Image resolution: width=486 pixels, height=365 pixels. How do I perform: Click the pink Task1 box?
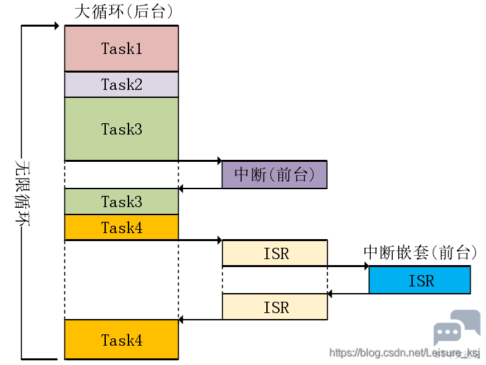[121, 49]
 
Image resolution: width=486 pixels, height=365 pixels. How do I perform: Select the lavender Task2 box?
[121, 85]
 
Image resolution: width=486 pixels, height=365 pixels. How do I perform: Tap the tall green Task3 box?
[121, 129]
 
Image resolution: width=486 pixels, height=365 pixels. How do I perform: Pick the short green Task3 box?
[121, 201]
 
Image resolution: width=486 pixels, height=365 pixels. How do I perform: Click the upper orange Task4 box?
[121, 227]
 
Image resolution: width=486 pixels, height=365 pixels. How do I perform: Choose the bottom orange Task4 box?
[121, 340]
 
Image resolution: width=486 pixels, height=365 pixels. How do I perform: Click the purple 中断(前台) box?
[274, 175]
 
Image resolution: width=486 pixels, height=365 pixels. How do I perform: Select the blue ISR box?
[419, 280]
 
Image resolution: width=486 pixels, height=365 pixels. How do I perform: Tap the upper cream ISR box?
[275, 253]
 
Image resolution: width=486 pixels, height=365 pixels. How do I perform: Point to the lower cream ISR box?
[275, 306]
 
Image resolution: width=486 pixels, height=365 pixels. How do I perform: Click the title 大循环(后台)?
[123, 11]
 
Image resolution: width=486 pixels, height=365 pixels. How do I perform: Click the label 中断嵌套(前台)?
[420, 252]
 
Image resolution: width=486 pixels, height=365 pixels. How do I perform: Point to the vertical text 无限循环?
[23, 193]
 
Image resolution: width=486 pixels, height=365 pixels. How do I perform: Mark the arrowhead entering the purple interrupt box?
[220, 161]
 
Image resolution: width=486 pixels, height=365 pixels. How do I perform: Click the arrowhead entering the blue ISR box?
[367, 266]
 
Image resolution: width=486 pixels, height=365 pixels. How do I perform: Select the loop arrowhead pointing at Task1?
[57, 26]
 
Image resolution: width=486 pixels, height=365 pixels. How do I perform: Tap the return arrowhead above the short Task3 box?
[181, 188]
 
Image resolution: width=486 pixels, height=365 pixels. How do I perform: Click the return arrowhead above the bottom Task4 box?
[181, 320]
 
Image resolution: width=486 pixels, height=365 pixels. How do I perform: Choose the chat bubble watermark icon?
[457, 327]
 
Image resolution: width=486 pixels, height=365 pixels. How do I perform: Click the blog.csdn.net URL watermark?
[404, 353]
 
